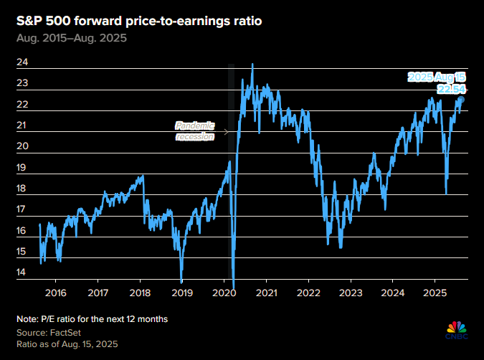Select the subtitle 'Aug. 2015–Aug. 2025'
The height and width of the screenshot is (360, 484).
point(72,38)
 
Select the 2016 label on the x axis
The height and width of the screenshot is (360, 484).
point(55,293)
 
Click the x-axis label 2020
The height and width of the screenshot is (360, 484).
point(224,293)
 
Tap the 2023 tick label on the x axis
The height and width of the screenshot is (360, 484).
point(351,293)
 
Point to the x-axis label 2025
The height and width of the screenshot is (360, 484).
point(435,293)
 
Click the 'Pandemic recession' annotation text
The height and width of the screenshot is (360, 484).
point(195,131)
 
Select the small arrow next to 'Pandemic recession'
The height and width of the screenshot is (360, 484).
point(226,131)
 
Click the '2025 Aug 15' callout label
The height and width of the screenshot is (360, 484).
point(437,76)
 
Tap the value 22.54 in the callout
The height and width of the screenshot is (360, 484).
point(451,89)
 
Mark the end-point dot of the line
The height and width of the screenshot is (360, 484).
point(462,100)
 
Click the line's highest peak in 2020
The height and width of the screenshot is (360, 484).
point(252,65)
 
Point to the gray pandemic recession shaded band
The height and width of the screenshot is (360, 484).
point(230,172)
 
